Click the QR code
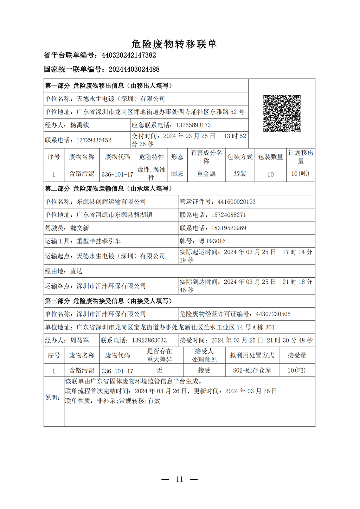click(282, 113)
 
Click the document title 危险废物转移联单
click(174, 44)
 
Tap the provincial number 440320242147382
click(129, 55)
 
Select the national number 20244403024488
click(134, 69)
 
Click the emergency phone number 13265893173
click(193, 125)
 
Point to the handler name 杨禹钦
click(80, 125)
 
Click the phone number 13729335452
click(94, 140)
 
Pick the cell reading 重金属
click(206, 174)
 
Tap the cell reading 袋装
click(240, 174)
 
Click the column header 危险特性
click(151, 157)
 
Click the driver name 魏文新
click(80, 228)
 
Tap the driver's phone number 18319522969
click(229, 228)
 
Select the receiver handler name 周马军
click(79, 340)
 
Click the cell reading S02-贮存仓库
click(252, 370)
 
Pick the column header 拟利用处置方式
click(252, 355)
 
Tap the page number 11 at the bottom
click(180, 479)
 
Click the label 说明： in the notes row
click(52, 398)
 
